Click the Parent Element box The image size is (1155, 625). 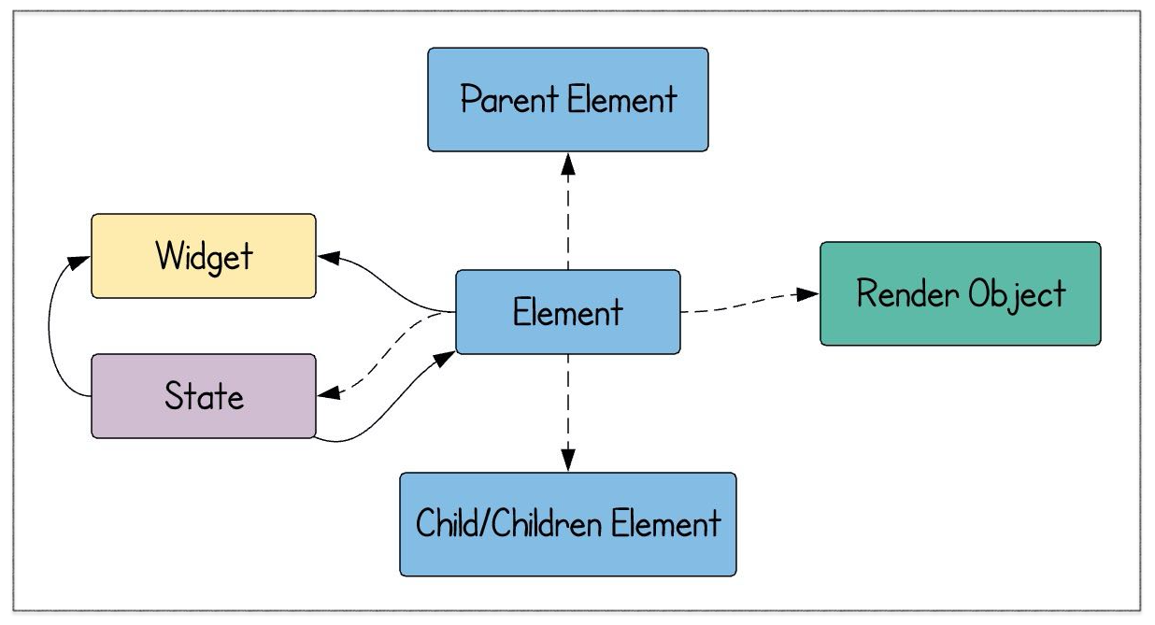(568, 100)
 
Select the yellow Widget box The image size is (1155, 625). (204, 256)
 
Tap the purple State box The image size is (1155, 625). (204, 396)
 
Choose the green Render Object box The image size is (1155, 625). (960, 293)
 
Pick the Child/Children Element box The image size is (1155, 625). (568, 524)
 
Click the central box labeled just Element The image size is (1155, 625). (568, 312)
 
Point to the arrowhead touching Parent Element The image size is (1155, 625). (568, 164)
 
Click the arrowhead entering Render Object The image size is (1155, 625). (807, 294)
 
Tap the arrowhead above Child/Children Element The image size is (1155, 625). (568, 460)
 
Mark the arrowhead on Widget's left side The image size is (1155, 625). (79, 262)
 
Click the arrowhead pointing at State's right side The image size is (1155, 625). (329, 393)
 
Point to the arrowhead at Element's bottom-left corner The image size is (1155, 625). (444, 359)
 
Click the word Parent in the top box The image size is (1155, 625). (509, 99)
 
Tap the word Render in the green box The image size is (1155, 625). (907, 293)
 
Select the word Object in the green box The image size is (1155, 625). (1017, 295)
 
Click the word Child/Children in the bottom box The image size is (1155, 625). (509, 523)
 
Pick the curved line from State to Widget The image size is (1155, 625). (50, 325)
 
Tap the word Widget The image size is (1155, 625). (205, 257)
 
